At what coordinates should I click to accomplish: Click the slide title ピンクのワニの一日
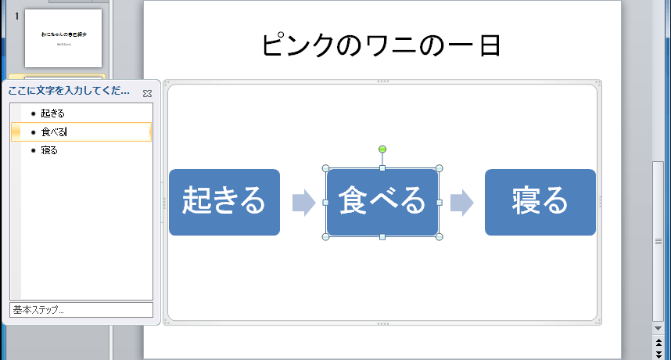click(x=381, y=45)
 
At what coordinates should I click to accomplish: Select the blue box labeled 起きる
click(x=224, y=202)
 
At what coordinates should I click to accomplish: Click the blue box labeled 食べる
click(x=382, y=202)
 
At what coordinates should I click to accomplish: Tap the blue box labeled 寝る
click(x=540, y=202)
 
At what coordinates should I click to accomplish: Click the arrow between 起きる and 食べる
click(x=303, y=203)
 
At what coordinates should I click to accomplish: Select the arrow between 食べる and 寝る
click(x=461, y=203)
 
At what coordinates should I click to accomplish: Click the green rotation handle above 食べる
click(x=382, y=149)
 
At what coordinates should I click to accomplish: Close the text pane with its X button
click(x=147, y=93)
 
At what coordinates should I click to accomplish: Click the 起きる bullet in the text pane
click(x=52, y=114)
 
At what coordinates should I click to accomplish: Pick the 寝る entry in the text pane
click(x=49, y=150)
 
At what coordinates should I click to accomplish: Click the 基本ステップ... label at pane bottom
click(x=39, y=310)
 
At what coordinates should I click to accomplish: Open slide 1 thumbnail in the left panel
click(x=63, y=38)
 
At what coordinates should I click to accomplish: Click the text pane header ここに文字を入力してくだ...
click(x=69, y=92)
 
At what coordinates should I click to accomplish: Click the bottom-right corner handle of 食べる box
click(x=439, y=236)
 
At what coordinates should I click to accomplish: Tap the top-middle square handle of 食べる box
click(x=382, y=168)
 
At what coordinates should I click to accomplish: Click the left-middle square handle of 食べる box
click(x=326, y=203)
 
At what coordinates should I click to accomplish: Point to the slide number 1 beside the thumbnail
click(x=16, y=16)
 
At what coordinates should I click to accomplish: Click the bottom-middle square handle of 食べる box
click(x=382, y=236)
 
